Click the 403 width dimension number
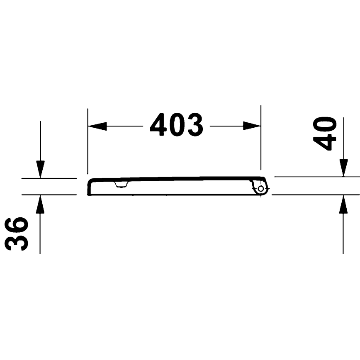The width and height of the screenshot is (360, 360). pos(177,125)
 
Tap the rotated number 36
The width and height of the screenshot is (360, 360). pos(17,234)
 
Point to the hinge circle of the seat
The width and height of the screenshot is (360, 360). pos(260,189)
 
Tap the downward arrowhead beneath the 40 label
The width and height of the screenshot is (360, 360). pos(343,168)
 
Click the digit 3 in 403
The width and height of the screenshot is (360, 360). pos(195,125)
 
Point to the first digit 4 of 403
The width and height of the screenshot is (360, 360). pos(158,125)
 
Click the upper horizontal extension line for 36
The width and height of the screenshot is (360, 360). pos(50,178)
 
